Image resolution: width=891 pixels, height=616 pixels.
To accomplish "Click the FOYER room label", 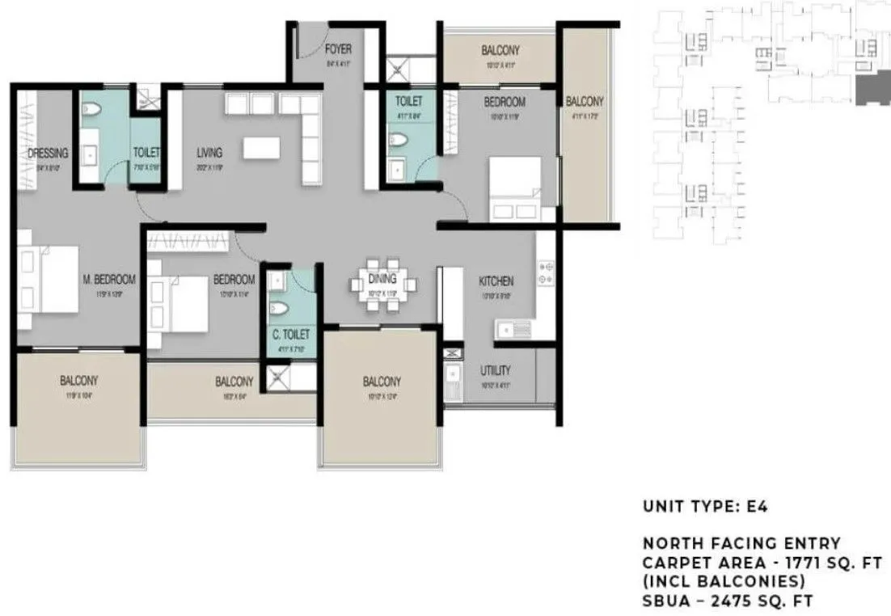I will pyautogui.click(x=338, y=49).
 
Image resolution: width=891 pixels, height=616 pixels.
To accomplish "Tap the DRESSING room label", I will pyautogui.click(x=48, y=153).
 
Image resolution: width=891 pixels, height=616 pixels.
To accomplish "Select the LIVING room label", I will pyautogui.click(x=209, y=152).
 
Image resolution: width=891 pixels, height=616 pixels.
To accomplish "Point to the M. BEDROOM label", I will pyautogui.click(x=109, y=280).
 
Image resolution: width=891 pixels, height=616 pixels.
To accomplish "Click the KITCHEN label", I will pyautogui.click(x=496, y=281).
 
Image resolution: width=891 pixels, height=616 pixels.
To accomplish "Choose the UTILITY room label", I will pyautogui.click(x=495, y=370).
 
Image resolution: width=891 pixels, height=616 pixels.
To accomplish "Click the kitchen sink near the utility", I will pyautogui.click(x=513, y=329).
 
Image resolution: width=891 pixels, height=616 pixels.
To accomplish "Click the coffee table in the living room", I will pyautogui.click(x=260, y=148).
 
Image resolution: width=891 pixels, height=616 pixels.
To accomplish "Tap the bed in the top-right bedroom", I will pyautogui.click(x=515, y=188).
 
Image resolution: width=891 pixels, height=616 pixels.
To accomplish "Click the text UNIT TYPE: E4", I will pyautogui.click(x=704, y=508).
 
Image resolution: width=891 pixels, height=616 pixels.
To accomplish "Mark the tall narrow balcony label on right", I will pyautogui.click(x=584, y=102).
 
